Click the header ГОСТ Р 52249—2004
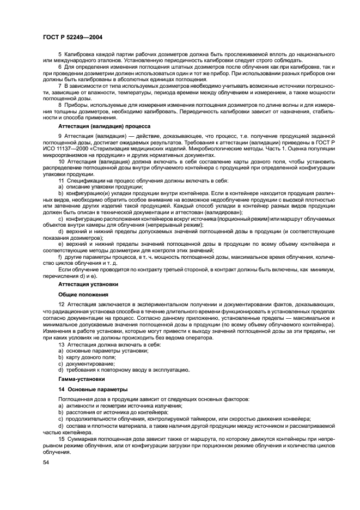72,37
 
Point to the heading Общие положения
80,294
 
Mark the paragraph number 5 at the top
60,55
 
